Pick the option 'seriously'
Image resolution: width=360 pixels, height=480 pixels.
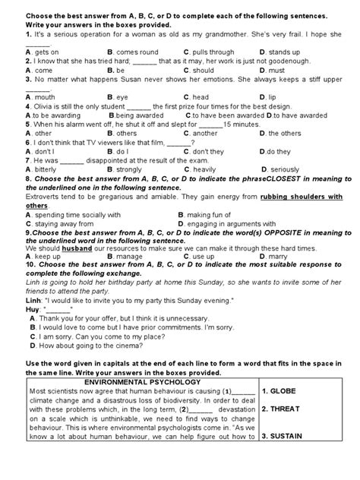[287, 169]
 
